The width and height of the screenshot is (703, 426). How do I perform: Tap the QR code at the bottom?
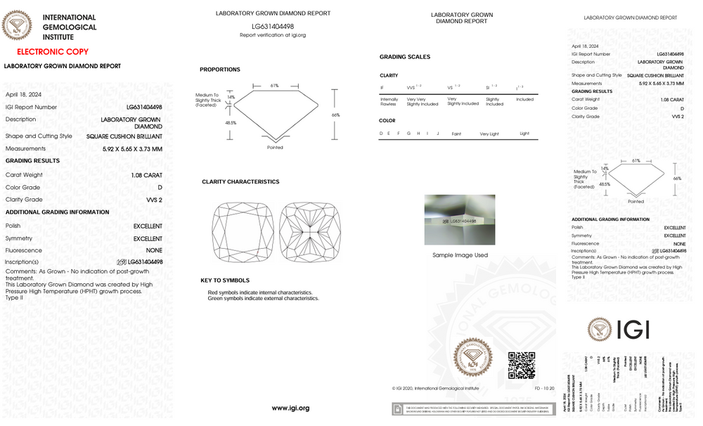[x=522, y=366]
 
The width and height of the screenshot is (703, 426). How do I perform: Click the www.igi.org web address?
[x=290, y=408]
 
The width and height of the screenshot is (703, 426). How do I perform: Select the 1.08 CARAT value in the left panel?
[x=146, y=175]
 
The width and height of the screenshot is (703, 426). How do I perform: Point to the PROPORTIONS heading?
[x=220, y=70]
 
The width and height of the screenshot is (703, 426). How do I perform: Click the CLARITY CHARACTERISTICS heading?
[x=240, y=182]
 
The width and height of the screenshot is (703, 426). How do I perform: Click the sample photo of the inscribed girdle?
[x=460, y=220]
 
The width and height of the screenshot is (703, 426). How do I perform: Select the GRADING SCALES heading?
[x=405, y=57]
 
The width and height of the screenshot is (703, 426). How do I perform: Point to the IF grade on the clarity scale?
[x=382, y=87]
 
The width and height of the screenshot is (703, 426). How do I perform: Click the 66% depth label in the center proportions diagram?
[x=336, y=115]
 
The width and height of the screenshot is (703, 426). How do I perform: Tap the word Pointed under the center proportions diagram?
[x=275, y=148]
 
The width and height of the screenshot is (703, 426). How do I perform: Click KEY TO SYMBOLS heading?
[x=225, y=280]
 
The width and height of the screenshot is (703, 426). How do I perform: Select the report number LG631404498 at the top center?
[x=273, y=25]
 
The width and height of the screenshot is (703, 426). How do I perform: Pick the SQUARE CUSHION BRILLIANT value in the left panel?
[x=124, y=136]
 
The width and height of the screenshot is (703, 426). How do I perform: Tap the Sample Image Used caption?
[x=460, y=255]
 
